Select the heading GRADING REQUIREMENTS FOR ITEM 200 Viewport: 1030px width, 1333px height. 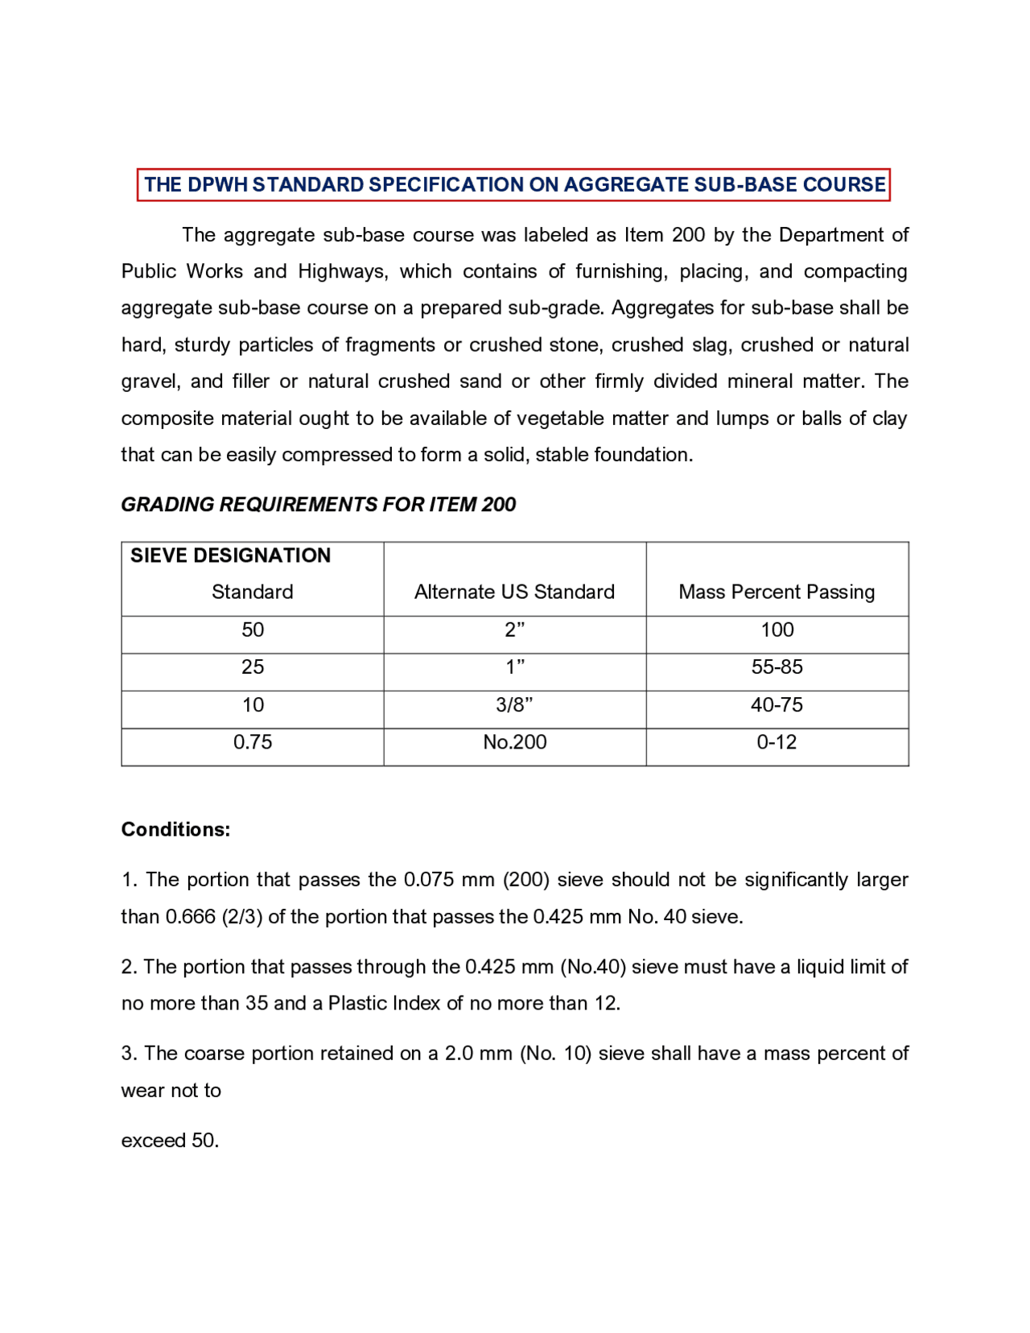pos(318,505)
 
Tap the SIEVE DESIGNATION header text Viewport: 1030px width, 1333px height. pos(230,555)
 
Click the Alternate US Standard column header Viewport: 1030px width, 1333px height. pos(514,592)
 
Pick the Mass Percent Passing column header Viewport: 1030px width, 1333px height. pos(777,592)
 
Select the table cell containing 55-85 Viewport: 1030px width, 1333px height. pos(777,667)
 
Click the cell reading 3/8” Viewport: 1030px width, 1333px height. pos(514,705)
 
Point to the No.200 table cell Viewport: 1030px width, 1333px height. pos(514,742)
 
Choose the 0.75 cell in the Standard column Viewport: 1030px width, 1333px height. pos(253,742)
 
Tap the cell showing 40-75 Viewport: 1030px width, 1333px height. pos(777,705)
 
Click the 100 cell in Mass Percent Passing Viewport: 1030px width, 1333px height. pos(777,630)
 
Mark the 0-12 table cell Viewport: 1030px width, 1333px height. pos(777,742)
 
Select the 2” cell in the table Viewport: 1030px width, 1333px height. pos(514,630)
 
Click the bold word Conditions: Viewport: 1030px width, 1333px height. pos(175,830)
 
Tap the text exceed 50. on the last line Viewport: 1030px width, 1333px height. pos(170,1141)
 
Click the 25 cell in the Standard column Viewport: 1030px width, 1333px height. pos(253,667)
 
